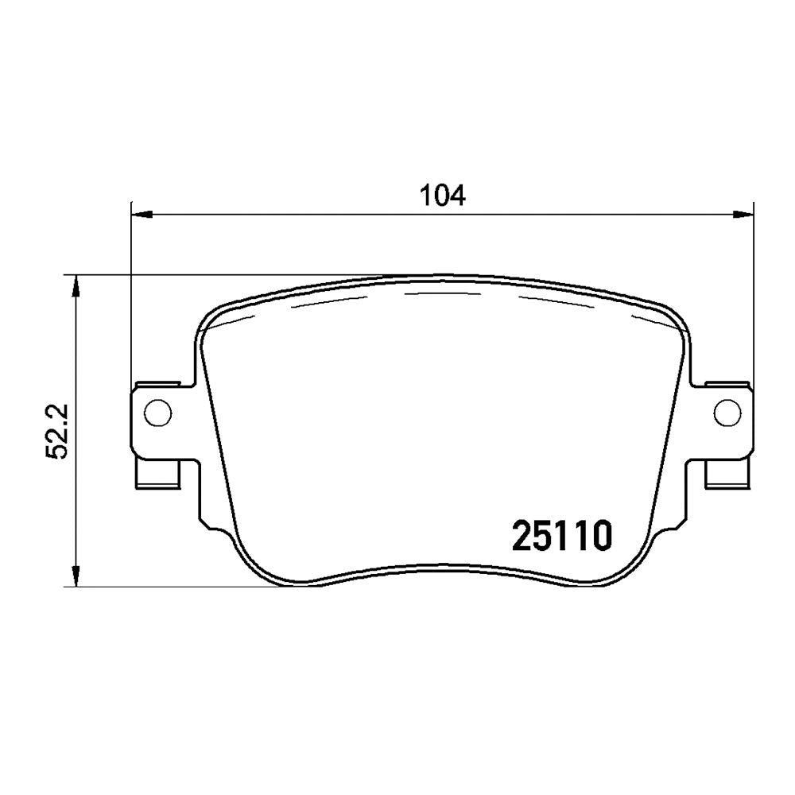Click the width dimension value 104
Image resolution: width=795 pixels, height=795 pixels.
(x=442, y=196)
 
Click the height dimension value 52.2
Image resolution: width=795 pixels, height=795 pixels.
(x=56, y=432)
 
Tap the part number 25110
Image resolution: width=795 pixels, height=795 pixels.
(x=562, y=536)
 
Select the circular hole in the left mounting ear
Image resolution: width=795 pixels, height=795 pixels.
(x=157, y=412)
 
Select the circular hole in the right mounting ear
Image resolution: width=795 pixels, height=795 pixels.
(x=727, y=412)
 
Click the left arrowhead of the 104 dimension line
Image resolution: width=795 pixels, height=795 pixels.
(x=142, y=215)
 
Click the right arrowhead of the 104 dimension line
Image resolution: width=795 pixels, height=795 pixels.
(x=743, y=215)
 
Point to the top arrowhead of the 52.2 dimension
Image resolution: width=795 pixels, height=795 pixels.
(x=76, y=286)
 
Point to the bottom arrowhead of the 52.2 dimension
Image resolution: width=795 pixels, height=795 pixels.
(x=76, y=576)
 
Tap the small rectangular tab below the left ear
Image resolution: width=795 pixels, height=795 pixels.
(x=157, y=474)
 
